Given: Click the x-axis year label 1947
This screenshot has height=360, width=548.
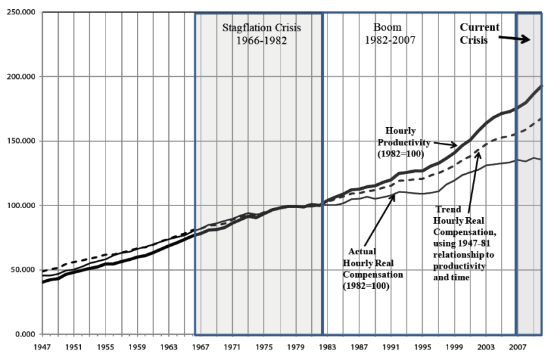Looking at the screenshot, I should pyautogui.click(x=42, y=347).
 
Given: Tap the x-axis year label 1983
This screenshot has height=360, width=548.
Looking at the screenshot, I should pyautogui.click(x=327, y=347).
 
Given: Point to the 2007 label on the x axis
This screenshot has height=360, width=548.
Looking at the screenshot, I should pyautogui.click(x=517, y=347).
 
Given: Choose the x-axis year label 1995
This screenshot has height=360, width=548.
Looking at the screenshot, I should pyautogui.click(x=422, y=347).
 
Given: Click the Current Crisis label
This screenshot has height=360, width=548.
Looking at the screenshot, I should pyautogui.click(x=479, y=33).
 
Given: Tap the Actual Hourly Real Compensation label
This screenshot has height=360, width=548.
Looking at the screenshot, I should pyautogui.click(x=374, y=270).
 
